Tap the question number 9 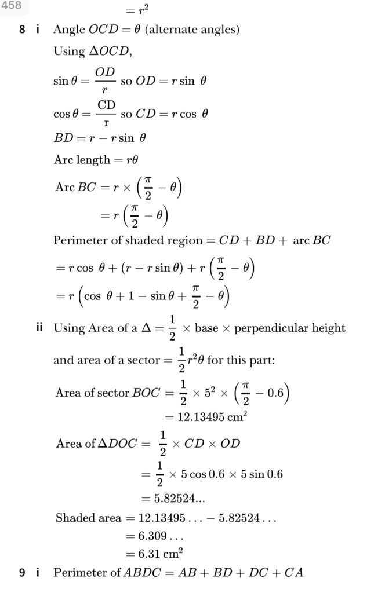click(x=21, y=573)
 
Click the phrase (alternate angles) click(x=192, y=30)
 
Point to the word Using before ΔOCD click(x=69, y=51)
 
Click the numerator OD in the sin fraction click(x=106, y=71)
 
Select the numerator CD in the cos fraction click(x=106, y=104)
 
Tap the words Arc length click(x=81, y=160)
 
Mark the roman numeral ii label click(x=39, y=328)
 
